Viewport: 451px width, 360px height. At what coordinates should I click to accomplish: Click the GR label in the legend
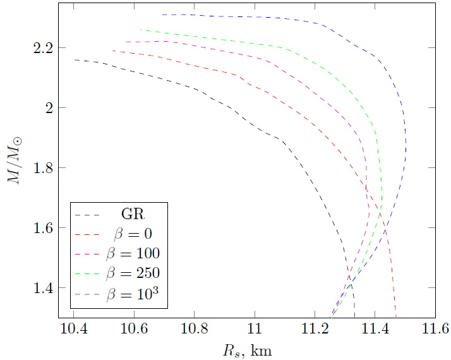click(133, 213)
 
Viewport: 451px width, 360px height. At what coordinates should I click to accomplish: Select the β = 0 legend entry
click(133, 234)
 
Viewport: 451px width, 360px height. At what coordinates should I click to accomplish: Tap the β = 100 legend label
click(133, 253)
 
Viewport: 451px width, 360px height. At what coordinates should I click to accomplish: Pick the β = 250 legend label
click(133, 273)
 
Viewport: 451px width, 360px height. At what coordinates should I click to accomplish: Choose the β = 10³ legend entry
click(133, 293)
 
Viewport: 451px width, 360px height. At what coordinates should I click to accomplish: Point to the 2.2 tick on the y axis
click(44, 48)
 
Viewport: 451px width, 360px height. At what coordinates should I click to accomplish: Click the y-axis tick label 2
click(49, 108)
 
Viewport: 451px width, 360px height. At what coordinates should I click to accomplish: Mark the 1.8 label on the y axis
click(44, 168)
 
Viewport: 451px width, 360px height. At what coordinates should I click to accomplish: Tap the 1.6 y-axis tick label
click(44, 228)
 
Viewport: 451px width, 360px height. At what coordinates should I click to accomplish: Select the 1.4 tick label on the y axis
click(44, 288)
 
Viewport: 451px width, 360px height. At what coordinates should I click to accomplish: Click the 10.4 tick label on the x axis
click(74, 328)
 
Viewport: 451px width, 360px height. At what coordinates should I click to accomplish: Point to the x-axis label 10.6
click(134, 328)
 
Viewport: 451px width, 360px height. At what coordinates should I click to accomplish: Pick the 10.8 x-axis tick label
click(195, 328)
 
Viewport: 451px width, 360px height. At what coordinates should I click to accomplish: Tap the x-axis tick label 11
click(255, 328)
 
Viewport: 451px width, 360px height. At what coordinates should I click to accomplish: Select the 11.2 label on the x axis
click(315, 328)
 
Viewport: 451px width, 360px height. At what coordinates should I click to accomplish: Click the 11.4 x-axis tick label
click(375, 328)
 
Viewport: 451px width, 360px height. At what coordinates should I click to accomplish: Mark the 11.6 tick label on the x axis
click(435, 328)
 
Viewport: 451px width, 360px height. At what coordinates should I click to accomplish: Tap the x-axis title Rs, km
click(247, 351)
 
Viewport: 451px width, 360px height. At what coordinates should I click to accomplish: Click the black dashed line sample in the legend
click(87, 215)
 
